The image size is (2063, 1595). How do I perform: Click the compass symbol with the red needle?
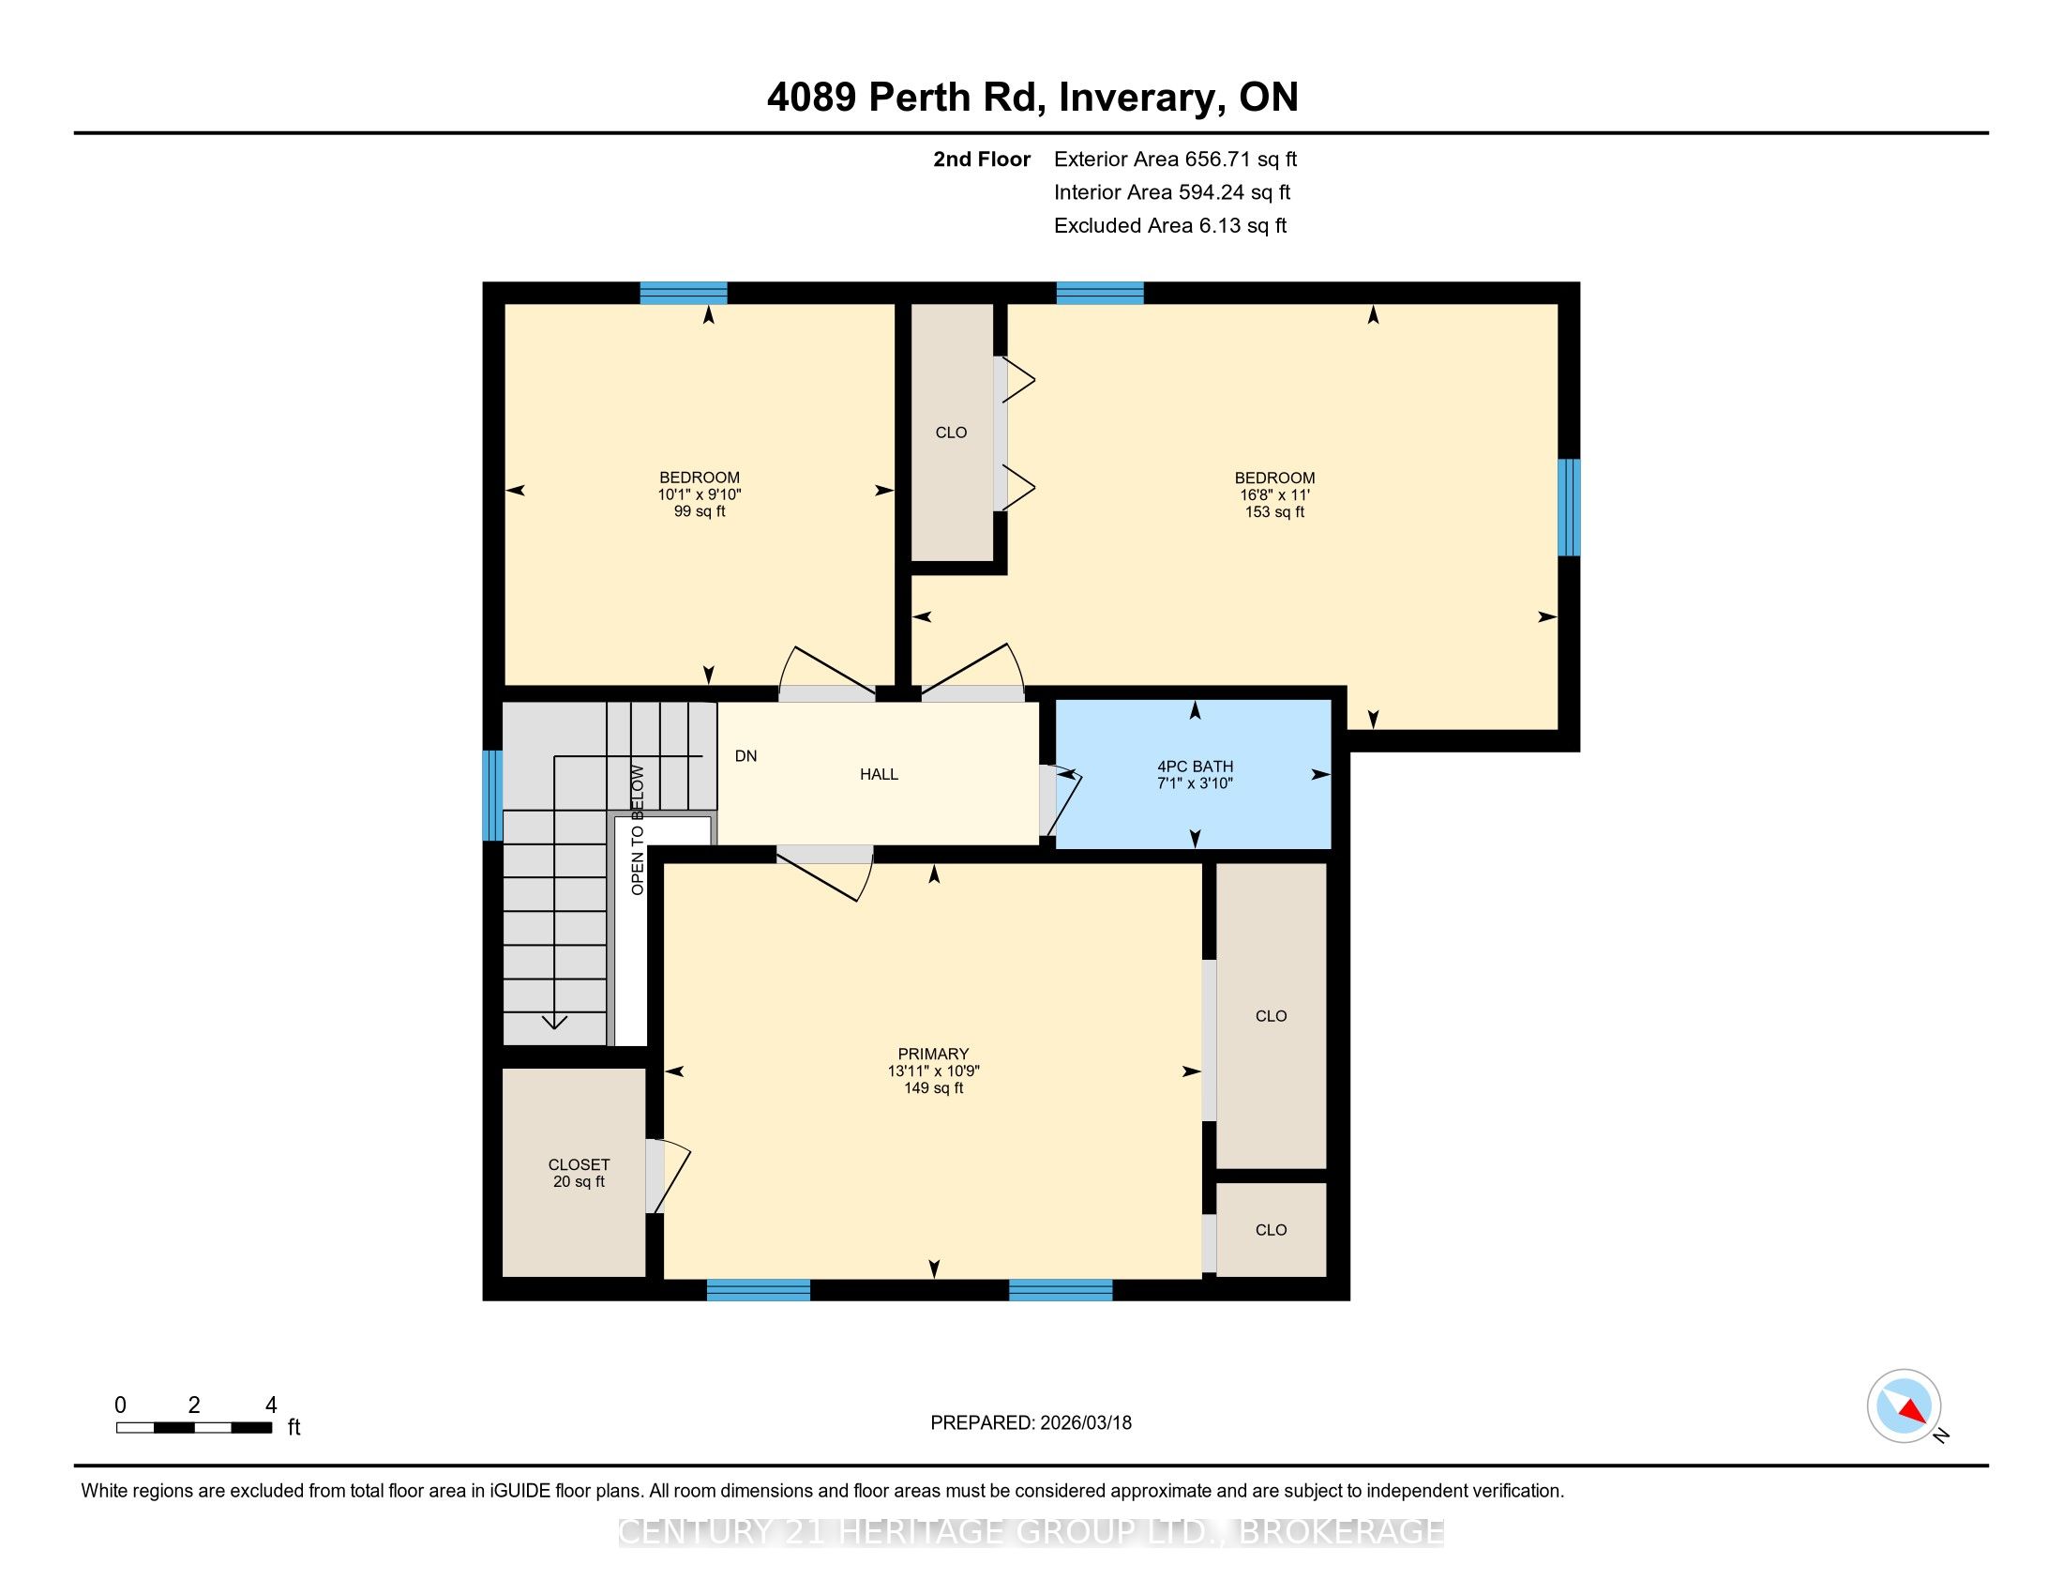tap(1905, 1405)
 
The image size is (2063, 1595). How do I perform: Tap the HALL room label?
tap(879, 775)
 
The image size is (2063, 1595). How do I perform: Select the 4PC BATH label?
tap(1195, 767)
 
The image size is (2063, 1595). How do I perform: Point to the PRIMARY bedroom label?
tap(933, 1054)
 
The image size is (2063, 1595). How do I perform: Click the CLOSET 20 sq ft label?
tap(579, 1174)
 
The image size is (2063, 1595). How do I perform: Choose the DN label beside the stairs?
tap(746, 756)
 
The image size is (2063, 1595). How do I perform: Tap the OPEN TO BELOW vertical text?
tap(638, 829)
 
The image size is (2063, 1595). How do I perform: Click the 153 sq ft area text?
tap(1274, 512)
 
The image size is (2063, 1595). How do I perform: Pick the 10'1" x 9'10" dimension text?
tap(700, 494)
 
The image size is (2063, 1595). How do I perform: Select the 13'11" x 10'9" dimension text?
tap(933, 1071)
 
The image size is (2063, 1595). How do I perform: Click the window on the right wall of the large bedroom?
tap(1568, 508)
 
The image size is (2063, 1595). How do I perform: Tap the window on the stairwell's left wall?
tap(492, 796)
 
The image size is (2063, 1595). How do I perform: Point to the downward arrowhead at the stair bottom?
tap(553, 1022)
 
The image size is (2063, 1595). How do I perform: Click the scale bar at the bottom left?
tap(194, 1427)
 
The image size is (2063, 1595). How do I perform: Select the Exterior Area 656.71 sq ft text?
tap(1175, 159)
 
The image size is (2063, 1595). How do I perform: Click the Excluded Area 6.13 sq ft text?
tap(1170, 225)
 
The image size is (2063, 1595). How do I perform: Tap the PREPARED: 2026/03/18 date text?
tap(1031, 1423)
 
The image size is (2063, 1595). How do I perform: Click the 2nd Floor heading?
tap(982, 159)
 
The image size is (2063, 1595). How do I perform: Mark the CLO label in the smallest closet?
tap(1271, 1229)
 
